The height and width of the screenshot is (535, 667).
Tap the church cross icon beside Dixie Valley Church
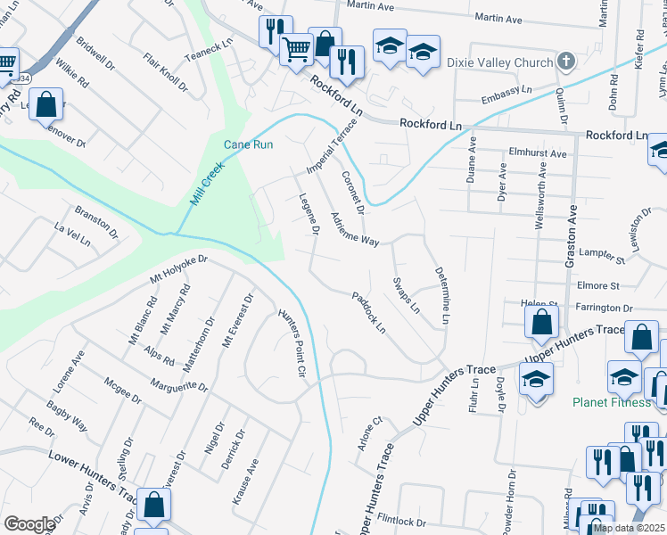pos(564,62)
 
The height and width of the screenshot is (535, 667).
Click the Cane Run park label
pos(248,144)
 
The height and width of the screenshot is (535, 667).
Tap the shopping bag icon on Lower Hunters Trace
pos(154,504)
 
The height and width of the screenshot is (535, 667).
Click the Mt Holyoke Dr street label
pos(178,271)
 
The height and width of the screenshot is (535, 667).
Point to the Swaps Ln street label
pos(407,294)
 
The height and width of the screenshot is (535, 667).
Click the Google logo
pos(29,524)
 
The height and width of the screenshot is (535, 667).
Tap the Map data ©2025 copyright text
pos(630,528)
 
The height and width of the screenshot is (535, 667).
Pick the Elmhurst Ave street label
pos(538,153)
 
